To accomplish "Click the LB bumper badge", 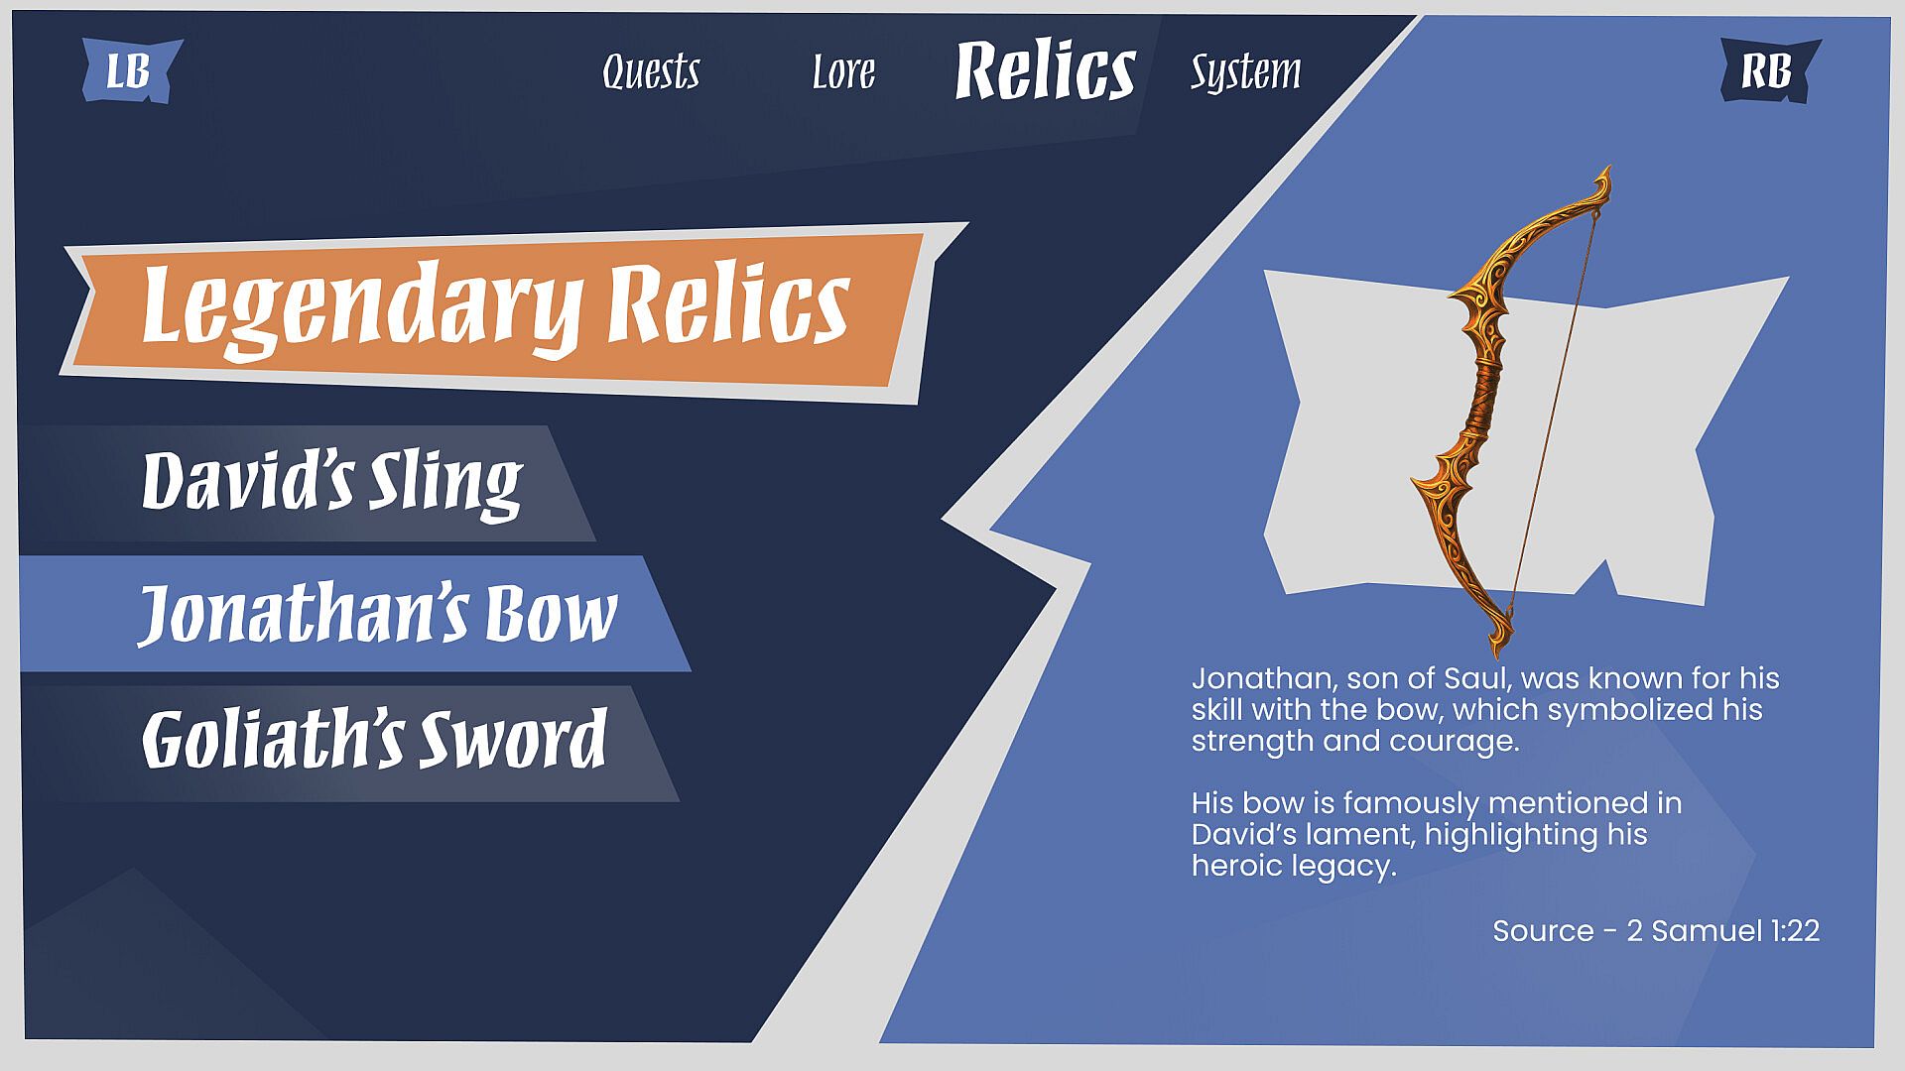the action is (x=131, y=70).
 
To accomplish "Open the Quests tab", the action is (x=651, y=71).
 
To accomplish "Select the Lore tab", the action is (x=843, y=71).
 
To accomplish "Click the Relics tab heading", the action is (x=1045, y=71).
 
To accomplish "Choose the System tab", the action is (x=1245, y=72).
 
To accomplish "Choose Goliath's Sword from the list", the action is (x=374, y=739).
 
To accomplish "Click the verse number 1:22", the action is (x=1795, y=931).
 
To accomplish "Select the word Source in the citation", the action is (x=1543, y=931).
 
